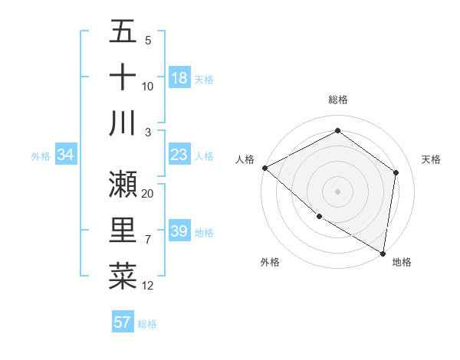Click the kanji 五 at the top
click(x=123, y=31)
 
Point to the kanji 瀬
click(x=123, y=184)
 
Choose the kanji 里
click(x=123, y=230)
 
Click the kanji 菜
click(x=123, y=276)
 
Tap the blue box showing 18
click(x=179, y=78)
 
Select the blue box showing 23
click(x=179, y=155)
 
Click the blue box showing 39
click(x=179, y=232)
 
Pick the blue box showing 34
click(x=66, y=155)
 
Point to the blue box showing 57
click(x=123, y=322)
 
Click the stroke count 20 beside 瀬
click(x=148, y=194)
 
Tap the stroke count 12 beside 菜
click(x=148, y=286)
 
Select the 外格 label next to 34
click(x=41, y=156)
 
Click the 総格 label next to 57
click(x=147, y=324)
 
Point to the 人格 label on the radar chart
click(x=245, y=159)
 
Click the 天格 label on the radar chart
click(x=432, y=159)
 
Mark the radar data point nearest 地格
click(x=383, y=253)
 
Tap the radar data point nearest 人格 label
click(x=264, y=168)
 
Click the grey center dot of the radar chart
click(x=337, y=191)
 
